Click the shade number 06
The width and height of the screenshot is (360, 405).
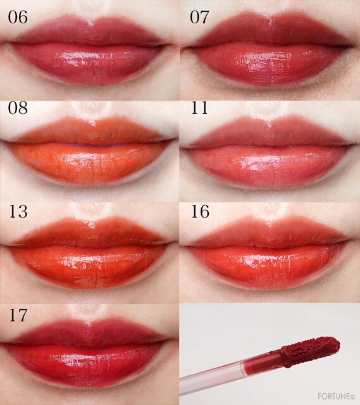point(18,18)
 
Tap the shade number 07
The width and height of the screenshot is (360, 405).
point(199,18)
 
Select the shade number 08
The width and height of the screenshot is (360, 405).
point(18,108)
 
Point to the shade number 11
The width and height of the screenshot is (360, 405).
point(199,108)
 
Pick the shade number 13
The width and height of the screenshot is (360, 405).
point(18,211)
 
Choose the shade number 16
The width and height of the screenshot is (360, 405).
point(200,211)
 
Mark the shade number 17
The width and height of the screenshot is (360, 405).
point(18,315)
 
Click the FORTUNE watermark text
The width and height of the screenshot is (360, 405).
point(336,396)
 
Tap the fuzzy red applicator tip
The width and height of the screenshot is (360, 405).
point(310,351)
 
